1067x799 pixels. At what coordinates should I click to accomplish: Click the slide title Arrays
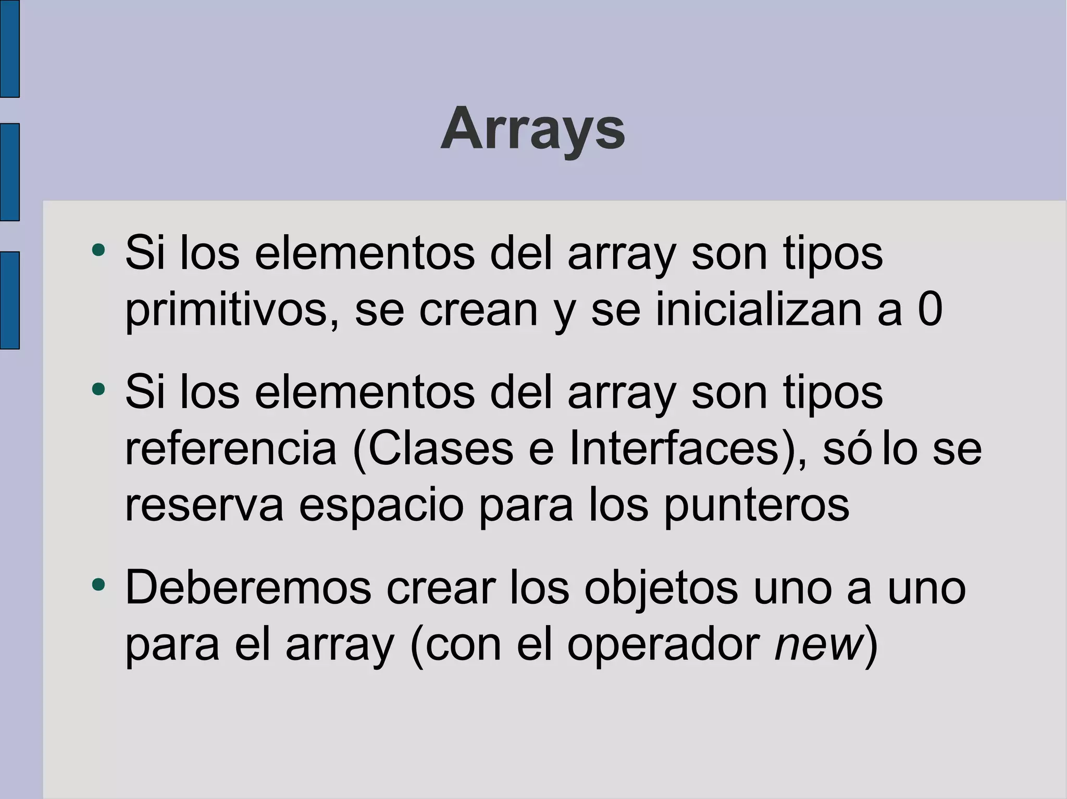pos(532,129)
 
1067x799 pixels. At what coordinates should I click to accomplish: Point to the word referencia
pos(231,448)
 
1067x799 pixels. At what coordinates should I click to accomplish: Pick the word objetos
pos(661,588)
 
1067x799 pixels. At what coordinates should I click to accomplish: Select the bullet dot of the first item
pos(98,250)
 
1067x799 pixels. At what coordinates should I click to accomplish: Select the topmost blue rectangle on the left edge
pos(9,48)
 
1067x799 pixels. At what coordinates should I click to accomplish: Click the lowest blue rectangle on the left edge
pos(9,300)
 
